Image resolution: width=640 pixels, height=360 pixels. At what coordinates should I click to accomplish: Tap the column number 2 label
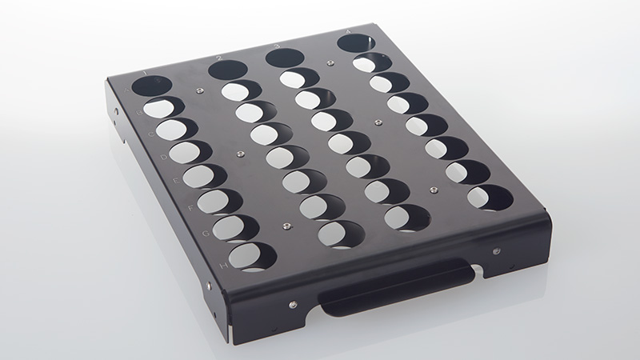(218, 58)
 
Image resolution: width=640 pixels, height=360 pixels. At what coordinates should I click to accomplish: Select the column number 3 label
(276, 47)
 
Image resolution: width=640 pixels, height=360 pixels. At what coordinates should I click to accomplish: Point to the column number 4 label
(348, 33)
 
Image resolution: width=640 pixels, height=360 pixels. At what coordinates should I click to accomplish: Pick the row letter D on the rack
(162, 158)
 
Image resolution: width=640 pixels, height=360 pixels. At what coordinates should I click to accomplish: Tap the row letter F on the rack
(190, 206)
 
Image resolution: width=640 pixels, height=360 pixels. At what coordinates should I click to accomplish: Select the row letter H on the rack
(222, 265)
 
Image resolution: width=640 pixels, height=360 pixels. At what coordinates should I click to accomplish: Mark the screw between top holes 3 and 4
(330, 62)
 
